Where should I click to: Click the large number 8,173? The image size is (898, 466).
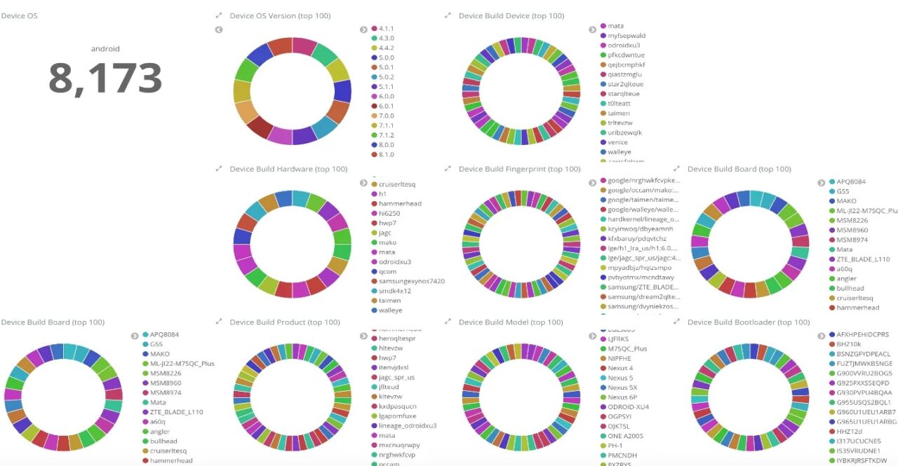pyautogui.click(x=105, y=78)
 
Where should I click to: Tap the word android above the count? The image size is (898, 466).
pyautogui.click(x=105, y=49)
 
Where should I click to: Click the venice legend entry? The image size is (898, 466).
pyautogui.click(x=617, y=142)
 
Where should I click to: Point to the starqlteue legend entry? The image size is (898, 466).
pyautogui.click(x=623, y=94)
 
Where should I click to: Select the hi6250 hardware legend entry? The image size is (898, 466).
pyautogui.click(x=389, y=213)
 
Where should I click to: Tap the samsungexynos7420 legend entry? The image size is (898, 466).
pyautogui.click(x=411, y=281)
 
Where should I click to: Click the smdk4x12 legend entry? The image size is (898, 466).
pyautogui.click(x=394, y=291)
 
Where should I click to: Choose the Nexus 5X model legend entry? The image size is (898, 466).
pyautogui.click(x=622, y=388)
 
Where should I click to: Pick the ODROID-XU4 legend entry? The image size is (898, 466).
pyautogui.click(x=628, y=406)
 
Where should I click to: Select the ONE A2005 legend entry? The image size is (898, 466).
pyautogui.click(x=625, y=436)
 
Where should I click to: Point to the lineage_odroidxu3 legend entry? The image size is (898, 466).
pyautogui.click(x=407, y=425)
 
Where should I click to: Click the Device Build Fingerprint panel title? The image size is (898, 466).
pyautogui.click(x=519, y=169)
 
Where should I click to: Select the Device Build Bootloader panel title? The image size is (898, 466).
pyautogui.click(x=749, y=322)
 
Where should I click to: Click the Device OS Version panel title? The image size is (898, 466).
pyautogui.click(x=280, y=15)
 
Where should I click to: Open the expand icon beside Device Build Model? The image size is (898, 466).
pyautogui.click(x=448, y=322)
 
